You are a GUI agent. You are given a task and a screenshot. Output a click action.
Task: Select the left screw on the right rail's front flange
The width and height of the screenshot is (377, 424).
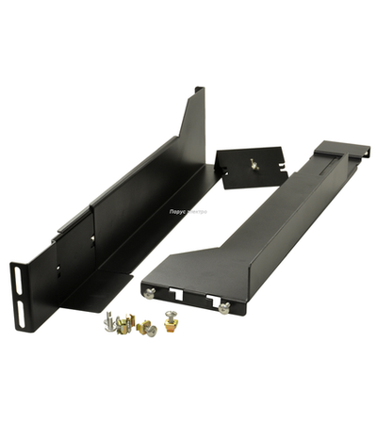[150, 293]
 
